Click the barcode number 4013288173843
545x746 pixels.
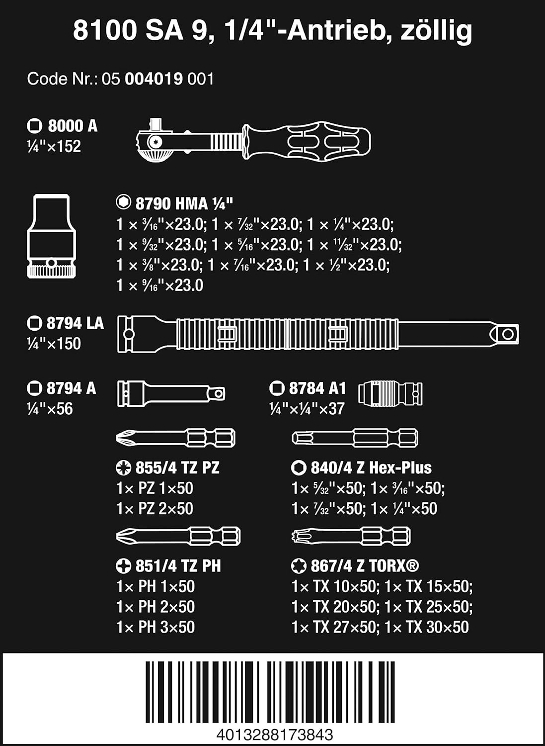click(275, 734)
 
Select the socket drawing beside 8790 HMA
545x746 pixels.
click(51, 236)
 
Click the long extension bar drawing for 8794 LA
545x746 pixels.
click(318, 334)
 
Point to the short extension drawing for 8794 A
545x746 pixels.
click(171, 394)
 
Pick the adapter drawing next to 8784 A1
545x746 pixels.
click(390, 393)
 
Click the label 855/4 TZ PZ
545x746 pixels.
click(177, 467)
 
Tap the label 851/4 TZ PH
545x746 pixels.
click(178, 566)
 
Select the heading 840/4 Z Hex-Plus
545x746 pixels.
click(371, 467)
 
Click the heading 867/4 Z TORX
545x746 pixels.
click(365, 566)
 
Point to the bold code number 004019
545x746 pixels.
click(154, 79)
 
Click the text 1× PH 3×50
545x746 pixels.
click(156, 627)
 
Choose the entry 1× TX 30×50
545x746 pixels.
click(427, 627)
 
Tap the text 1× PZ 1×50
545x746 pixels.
click(155, 488)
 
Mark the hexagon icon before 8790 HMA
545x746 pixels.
click(123, 202)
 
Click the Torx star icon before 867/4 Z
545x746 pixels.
click(299, 566)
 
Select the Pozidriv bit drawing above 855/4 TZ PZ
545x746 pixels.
click(176, 438)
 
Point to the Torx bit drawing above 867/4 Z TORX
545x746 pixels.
click(351, 536)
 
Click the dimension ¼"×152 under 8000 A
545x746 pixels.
click(54, 146)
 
